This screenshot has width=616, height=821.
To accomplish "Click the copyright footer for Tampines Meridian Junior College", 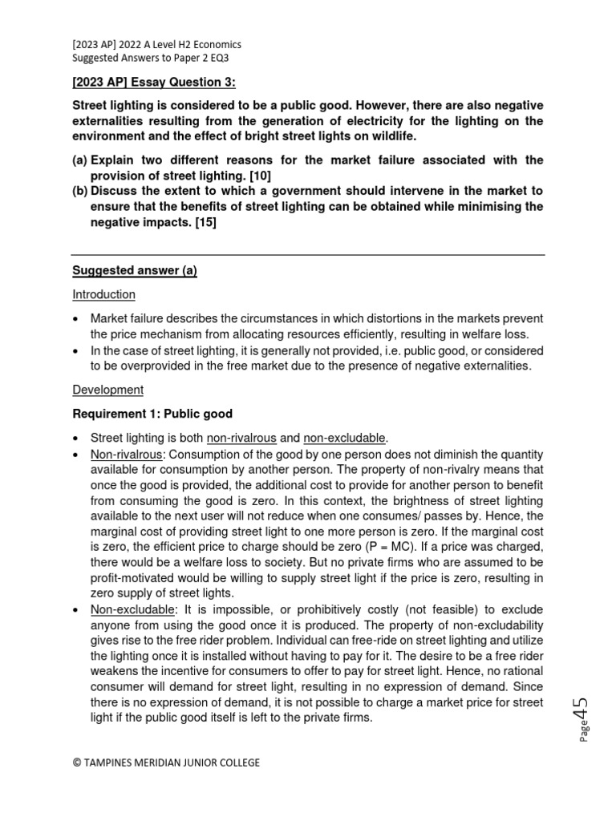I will click(x=166, y=762).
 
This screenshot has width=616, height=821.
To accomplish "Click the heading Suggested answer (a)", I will click(x=135, y=271).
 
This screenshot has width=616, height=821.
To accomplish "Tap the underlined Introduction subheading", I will click(x=103, y=294).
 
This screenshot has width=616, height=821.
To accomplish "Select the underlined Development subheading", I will click(x=107, y=390).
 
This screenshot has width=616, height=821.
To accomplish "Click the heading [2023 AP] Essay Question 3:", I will click(x=154, y=83).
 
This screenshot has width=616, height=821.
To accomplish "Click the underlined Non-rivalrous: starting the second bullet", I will click(x=126, y=453).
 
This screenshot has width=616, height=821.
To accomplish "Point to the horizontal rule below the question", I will click(x=308, y=255).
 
